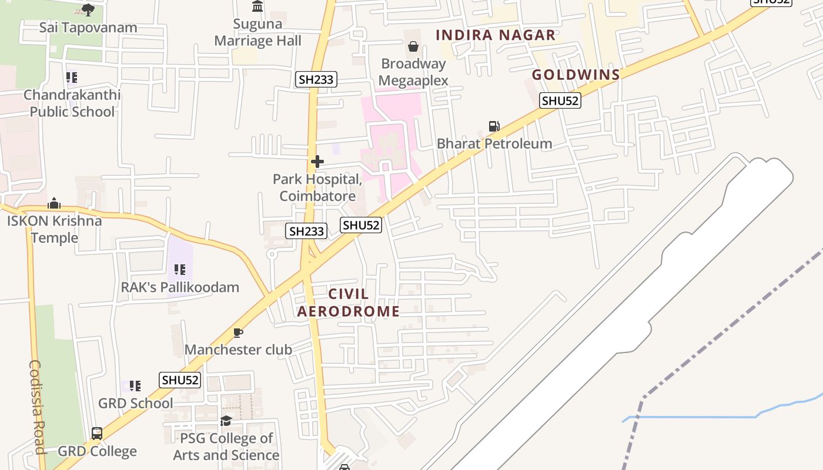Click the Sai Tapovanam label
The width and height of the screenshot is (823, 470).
click(88, 28)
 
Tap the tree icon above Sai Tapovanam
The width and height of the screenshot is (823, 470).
click(88, 9)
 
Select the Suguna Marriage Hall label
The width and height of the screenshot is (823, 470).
click(257, 32)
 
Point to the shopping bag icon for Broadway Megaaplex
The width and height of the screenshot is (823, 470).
click(413, 46)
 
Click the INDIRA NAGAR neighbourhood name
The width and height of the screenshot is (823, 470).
click(496, 35)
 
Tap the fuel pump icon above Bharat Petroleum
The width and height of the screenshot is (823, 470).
click(494, 126)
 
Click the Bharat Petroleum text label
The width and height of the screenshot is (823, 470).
click(494, 144)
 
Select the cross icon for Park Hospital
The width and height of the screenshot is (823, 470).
click(317, 162)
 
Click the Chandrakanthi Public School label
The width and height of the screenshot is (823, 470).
click(72, 103)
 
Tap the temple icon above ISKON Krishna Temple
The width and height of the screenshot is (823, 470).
click(54, 203)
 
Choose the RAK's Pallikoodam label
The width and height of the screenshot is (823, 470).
click(180, 287)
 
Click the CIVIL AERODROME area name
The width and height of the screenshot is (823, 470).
click(348, 303)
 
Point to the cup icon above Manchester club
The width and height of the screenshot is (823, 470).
click(238, 333)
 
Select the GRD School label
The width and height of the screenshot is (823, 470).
click(135, 404)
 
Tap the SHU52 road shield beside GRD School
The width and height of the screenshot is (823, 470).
click(180, 380)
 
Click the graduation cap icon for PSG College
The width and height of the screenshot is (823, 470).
click(226, 421)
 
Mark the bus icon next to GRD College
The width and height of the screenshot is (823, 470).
click(97, 434)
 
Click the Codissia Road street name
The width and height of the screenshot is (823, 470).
click(37, 407)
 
